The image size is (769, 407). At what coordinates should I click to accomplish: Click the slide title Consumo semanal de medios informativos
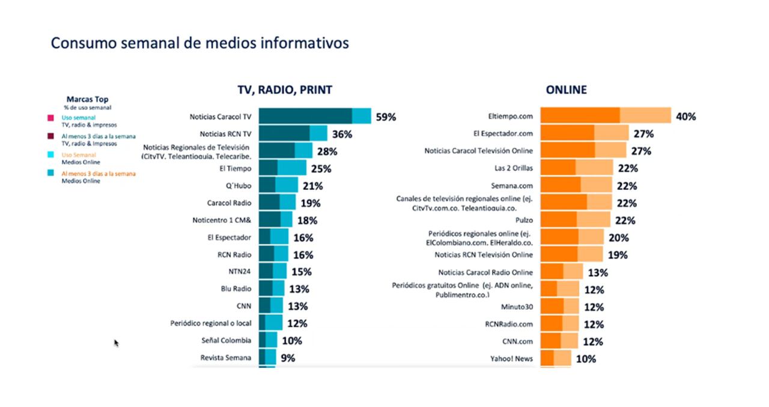(x=199, y=43)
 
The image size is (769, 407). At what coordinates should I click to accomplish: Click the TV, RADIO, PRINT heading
(x=285, y=90)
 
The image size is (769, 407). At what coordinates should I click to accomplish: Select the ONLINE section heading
(x=566, y=90)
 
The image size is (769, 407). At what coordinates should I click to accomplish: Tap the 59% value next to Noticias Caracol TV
(x=386, y=117)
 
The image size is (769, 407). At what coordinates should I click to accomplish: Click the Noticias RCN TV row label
(x=225, y=134)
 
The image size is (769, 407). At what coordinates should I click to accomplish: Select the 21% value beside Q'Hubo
(x=312, y=186)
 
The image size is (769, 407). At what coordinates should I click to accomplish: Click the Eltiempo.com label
(x=511, y=116)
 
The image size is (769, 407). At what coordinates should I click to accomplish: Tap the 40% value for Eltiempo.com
(x=685, y=116)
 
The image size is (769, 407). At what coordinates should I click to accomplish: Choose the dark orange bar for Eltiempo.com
(x=580, y=116)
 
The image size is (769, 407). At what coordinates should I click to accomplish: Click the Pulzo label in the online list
(x=524, y=220)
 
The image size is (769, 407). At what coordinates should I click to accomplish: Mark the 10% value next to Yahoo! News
(x=586, y=359)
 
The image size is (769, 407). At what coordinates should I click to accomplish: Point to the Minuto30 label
(x=517, y=307)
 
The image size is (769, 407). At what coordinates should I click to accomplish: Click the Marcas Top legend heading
(x=87, y=99)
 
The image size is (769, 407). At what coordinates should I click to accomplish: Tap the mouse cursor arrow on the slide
(x=117, y=343)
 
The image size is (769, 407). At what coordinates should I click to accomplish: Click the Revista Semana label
(x=225, y=358)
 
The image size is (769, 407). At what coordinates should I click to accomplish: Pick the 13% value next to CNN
(x=297, y=307)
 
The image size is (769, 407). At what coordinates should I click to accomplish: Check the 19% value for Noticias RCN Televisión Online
(x=617, y=255)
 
